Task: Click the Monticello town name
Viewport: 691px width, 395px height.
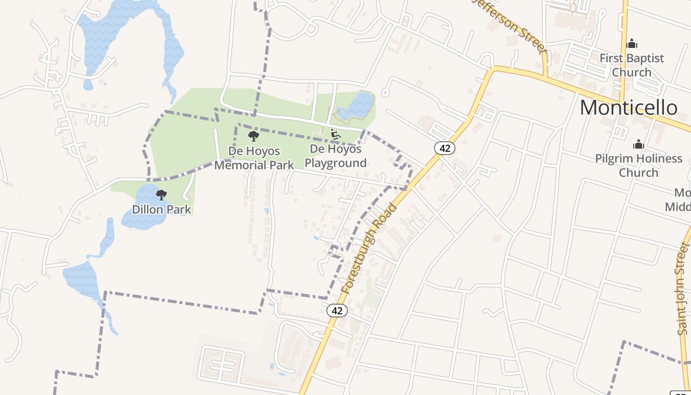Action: tap(628, 108)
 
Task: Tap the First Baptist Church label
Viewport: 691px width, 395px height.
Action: tap(632, 65)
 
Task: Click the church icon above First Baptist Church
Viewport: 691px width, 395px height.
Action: tap(632, 44)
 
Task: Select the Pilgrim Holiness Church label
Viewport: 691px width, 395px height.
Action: tap(639, 165)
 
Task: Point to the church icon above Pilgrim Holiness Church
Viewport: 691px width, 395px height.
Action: tap(639, 144)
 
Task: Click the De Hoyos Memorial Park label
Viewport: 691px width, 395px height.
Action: tap(254, 158)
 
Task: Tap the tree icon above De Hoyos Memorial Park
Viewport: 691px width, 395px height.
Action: tap(254, 136)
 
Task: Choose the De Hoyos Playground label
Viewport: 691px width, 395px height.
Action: tap(336, 156)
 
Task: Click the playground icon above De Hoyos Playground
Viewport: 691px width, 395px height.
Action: tap(335, 134)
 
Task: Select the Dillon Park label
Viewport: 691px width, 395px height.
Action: tap(161, 209)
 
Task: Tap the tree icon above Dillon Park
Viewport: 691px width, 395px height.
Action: tap(161, 195)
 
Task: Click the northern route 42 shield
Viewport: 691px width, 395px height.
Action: tap(445, 148)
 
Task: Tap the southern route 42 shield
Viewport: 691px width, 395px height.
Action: tap(337, 311)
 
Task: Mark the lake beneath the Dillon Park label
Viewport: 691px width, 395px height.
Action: tap(143, 221)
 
